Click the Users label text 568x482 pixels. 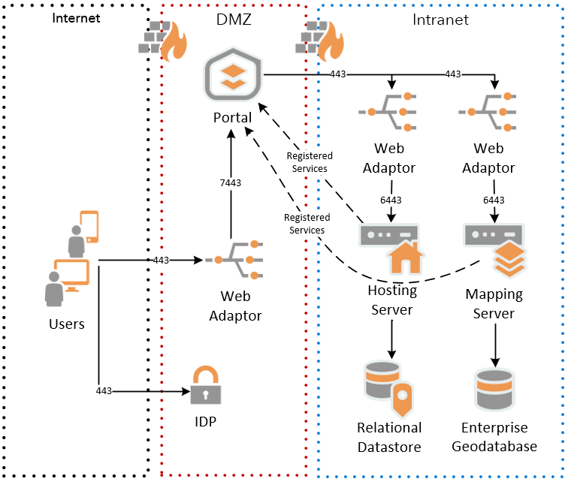(66, 324)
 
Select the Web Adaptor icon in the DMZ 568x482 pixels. (236, 261)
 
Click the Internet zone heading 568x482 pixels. (76, 18)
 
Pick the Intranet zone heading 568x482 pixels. (440, 20)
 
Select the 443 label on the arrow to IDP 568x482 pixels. (104, 391)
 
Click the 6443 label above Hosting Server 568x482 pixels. (390, 200)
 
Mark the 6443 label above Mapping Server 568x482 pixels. (493, 200)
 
